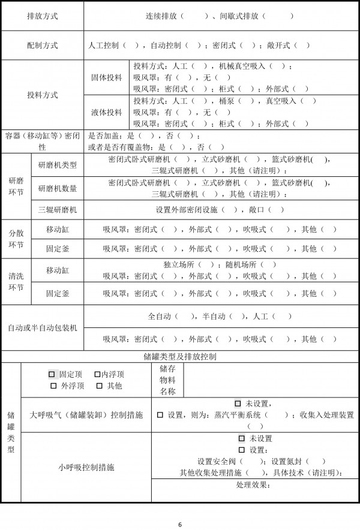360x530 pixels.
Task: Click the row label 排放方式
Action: [x=43, y=16]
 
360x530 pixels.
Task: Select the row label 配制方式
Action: [x=43, y=45]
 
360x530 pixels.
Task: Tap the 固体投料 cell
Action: [x=106, y=77]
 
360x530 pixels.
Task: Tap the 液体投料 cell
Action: [x=106, y=112]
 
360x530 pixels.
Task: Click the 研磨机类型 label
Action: [x=57, y=165]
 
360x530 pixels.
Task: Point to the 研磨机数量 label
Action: [x=57, y=188]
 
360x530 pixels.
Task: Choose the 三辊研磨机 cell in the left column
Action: [x=57, y=210]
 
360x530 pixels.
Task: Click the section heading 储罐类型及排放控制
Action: [x=180, y=356]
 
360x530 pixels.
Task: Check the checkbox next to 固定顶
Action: [x=52, y=374]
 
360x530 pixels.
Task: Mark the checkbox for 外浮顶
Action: [x=53, y=386]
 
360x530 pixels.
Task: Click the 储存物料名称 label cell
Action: [x=167, y=380]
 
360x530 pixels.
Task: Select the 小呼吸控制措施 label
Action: [x=86, y=466]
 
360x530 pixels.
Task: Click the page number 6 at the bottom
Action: [x=180, y=525]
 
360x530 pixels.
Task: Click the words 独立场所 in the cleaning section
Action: [x=180, y=265]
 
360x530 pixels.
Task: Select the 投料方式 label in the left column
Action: [x=43, y=95]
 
